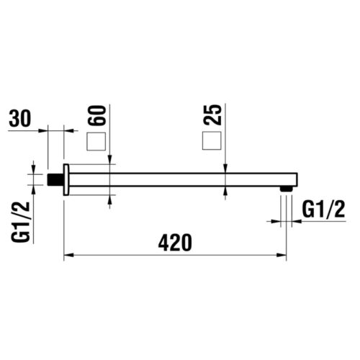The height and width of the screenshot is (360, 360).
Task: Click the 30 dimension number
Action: coord(23,119)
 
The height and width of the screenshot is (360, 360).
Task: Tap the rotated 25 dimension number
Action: coord(213,114)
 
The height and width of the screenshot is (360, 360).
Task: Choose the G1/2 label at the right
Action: coord(321,210)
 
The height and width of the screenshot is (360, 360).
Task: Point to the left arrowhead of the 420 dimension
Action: coord(69,256)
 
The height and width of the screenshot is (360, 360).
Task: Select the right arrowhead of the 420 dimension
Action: coord(282,256)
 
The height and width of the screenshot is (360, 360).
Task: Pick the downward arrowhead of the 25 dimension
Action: coord(227,168)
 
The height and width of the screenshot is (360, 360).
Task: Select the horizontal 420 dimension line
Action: coord(176,256)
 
